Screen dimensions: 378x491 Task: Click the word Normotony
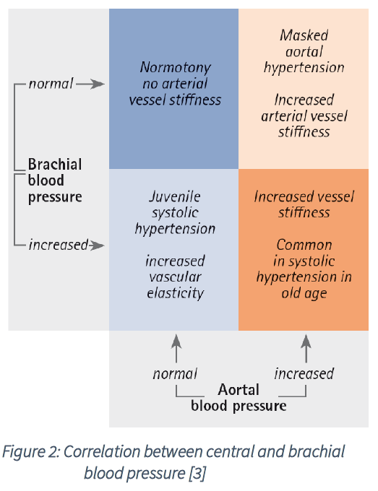pos(175,68)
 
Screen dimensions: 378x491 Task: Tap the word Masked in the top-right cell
pos(304,35)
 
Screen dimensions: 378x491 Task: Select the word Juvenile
pos(175,196)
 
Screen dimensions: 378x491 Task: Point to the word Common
pos(304,245)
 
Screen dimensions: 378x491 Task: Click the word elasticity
pos(175,293)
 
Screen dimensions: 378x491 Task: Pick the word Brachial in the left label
pos(55,164)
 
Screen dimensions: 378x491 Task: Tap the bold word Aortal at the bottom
pos(239,390)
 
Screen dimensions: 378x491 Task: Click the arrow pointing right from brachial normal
pos(90,84)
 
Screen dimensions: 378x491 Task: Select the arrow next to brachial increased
pos(96,245)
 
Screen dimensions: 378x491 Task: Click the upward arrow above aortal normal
pos(176,349)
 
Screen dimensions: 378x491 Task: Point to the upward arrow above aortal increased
pos(306,349)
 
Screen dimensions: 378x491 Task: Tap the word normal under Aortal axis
pos(175,374)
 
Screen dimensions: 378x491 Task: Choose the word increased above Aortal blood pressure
pos(304,373)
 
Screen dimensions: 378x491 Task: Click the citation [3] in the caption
pos(197,473)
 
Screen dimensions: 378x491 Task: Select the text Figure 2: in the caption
pos(31,452)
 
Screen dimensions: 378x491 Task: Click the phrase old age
pos(304,294)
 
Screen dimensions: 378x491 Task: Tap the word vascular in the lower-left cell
pos(175,277)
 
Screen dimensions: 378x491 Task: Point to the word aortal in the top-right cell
pos(304,52)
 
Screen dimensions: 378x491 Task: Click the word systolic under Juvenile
pos(175,213)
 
